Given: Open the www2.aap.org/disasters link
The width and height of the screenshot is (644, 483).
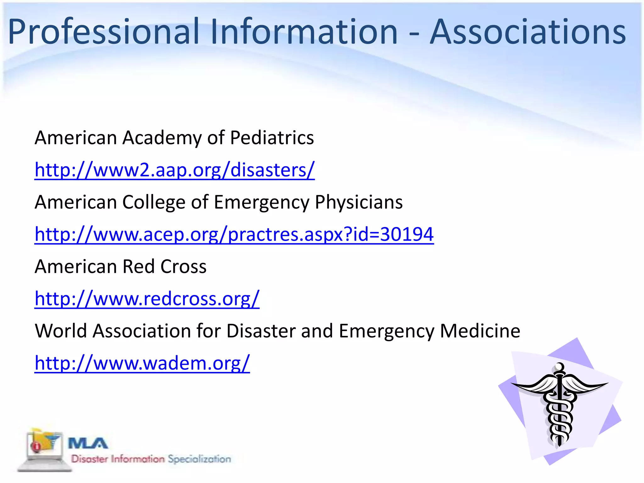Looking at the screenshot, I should (x=175, y=170).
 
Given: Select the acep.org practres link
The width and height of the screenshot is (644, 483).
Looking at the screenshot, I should (x=234, y=234).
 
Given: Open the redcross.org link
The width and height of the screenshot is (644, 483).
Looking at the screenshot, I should (x=147, y=298).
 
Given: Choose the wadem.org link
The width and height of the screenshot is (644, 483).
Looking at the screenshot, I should (x=142, y=363).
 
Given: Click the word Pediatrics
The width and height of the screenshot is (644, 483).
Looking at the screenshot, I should (x=272, y=138).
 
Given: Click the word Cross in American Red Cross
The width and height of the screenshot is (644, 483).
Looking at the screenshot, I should (x=183, y=266).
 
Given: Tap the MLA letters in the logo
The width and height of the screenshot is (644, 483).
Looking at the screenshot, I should (x=88, y=444).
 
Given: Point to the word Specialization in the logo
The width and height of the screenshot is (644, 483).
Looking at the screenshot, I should (x=199, y=459).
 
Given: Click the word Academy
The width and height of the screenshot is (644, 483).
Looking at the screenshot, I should (x=162, y=138).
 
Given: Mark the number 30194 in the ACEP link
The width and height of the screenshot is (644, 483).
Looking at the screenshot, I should (x=407, y=234).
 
